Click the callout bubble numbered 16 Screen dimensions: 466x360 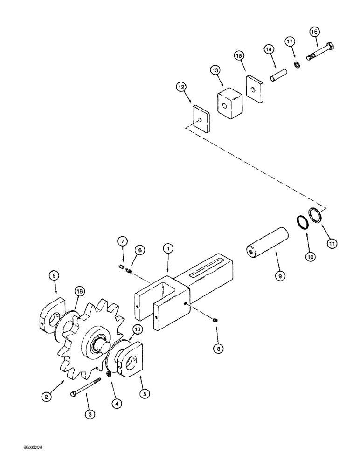(314, 32)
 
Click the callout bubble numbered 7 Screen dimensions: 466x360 (122, 241)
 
